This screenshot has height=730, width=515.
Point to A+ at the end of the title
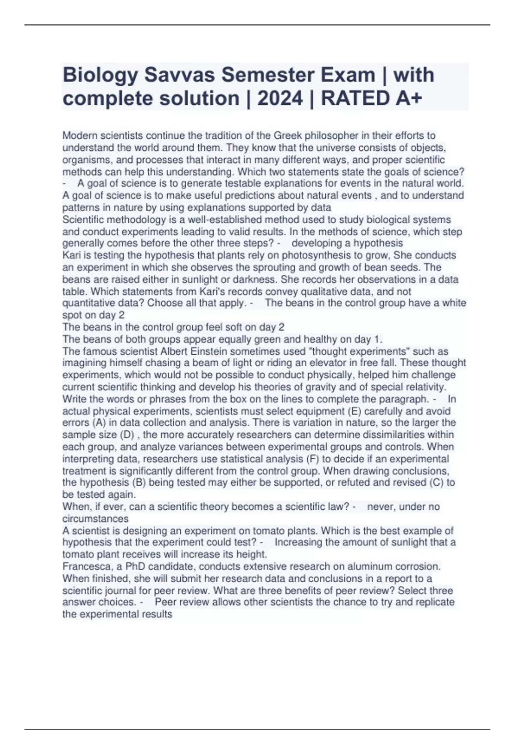[x=407, y=99]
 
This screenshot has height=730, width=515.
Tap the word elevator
[x=351, y=363]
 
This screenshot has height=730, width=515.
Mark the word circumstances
[x=95, y=519]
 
